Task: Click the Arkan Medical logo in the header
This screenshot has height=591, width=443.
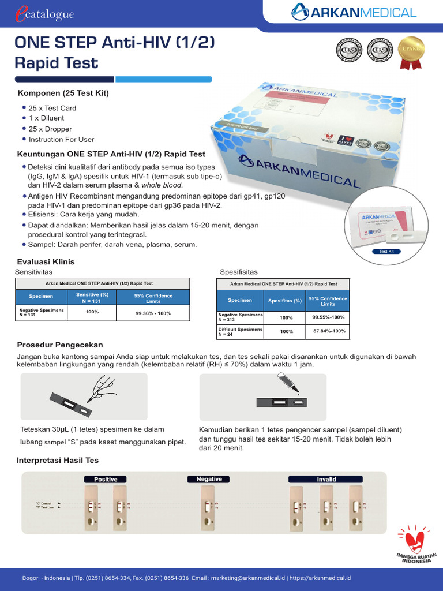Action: click(353, 12)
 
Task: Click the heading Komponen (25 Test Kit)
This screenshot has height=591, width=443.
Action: click(63, 93)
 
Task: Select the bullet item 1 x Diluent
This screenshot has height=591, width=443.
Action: click(46, 118)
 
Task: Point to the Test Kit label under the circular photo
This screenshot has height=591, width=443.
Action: click(386, 252)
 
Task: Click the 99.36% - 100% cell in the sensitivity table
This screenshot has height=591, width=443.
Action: click(153, 313)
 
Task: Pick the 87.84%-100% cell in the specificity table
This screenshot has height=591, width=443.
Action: click(329, 331)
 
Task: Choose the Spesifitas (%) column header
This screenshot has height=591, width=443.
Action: click(285, 301)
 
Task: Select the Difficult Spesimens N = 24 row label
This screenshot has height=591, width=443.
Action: click(240, 331)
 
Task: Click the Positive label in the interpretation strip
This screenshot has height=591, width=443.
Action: click(106, 479)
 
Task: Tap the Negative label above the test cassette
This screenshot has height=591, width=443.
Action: click(209, 479)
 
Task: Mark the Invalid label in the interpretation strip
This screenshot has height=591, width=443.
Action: click(326, 479)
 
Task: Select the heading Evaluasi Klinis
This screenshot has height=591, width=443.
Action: click(46, 262)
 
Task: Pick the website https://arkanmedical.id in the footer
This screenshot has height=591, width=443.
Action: click(320, 578)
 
